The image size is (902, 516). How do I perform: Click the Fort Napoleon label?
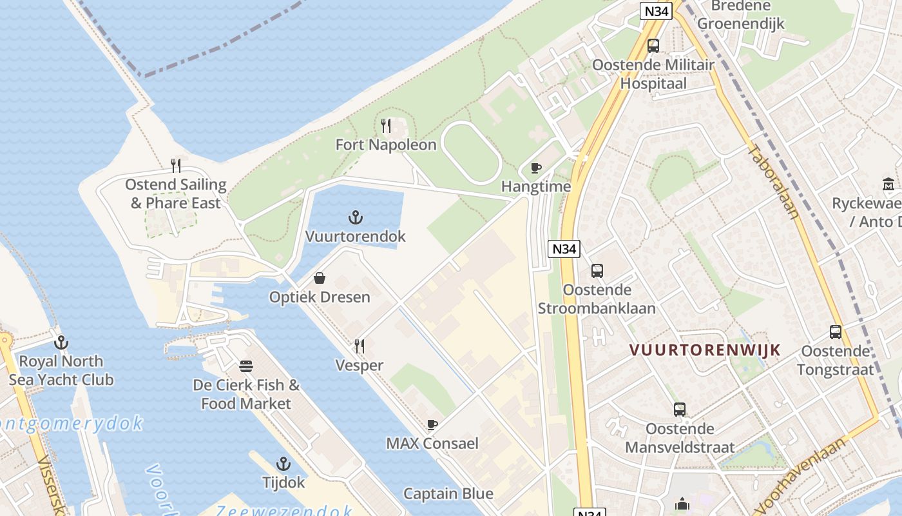(x=386, y=144)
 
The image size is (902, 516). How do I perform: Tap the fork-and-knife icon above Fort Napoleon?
(x=386, y=125)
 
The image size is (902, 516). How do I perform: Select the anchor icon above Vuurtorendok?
(x=355, y=217)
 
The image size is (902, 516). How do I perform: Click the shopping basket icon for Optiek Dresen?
(x=319, y=278)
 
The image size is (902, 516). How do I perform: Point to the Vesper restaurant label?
(x=359, y=365)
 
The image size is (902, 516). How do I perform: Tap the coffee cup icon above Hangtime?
(x=535, y=168)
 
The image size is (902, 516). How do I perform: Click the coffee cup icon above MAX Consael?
(x=432, y=424)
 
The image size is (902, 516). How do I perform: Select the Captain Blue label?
(x=448, y=493)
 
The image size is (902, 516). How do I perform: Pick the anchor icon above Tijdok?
(x=283, y=464)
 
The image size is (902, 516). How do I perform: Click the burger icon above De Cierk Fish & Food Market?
(x=246, y=366)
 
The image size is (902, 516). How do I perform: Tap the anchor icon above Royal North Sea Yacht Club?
(x=61, y=342)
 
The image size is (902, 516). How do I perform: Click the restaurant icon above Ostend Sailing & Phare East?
(x=175, y=166)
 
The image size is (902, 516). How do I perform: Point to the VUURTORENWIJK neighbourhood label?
(x=705, y=350)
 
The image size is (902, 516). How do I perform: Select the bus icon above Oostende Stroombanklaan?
(x=597, y=271)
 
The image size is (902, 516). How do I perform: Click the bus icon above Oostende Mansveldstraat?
(x=680, y=410)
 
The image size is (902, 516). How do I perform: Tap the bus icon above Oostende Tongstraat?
(x=836, y=332)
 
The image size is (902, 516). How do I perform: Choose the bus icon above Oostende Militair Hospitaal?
(x=653, y=46)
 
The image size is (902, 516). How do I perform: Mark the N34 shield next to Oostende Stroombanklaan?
(x=564, y=249)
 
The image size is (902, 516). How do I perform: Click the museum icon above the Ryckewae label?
(x=888, y=184)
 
